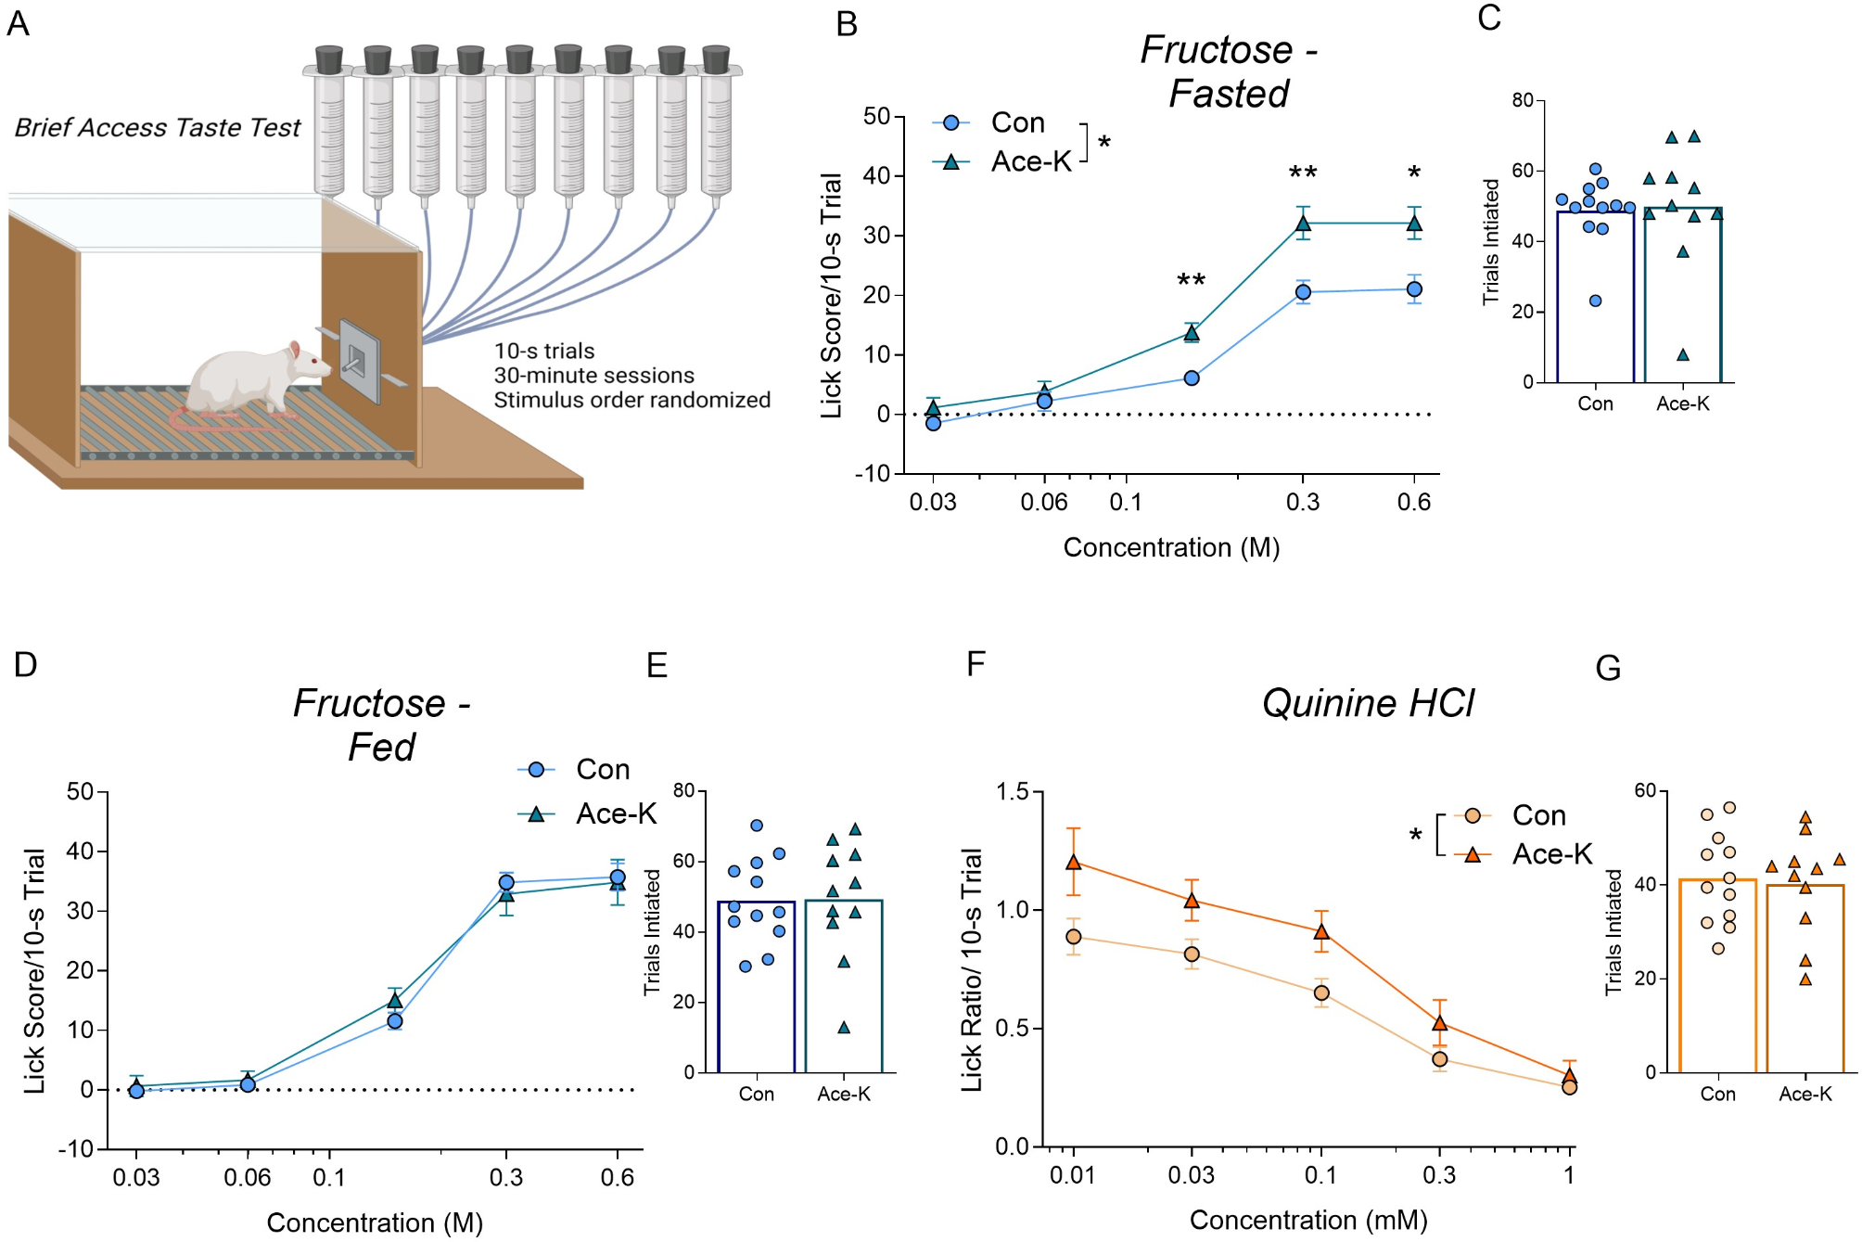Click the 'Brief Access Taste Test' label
(157, 128)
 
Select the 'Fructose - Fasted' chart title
(1228, 71)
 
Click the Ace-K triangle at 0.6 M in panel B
(1414, 224)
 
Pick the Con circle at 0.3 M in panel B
(1303, 292)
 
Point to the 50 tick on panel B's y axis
(876, 117)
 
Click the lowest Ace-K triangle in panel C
(1683, 354)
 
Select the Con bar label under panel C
(1595, 403)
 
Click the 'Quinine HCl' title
(1368, 703)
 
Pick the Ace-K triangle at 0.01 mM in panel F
(1074, 862)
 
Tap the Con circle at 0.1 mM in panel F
(1321, 993)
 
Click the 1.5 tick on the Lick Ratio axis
(1013, 791)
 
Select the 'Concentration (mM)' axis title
(1308, 1220)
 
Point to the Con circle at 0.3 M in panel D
(506, 882)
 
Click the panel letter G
(1608, 668)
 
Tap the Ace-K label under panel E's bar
(843, 1094)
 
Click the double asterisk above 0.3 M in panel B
(1303, 173)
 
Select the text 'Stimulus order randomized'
(631, 400)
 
